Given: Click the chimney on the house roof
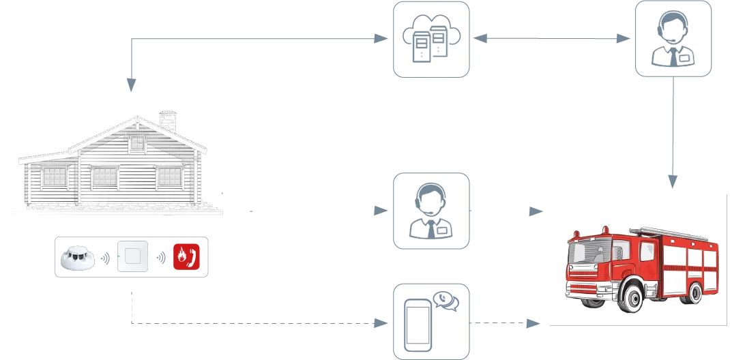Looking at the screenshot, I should [x=166, y=121].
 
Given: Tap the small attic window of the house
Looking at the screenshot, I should [x=138, y=143].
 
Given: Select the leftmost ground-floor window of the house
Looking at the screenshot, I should [x=55, y=177].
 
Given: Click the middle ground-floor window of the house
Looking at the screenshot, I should [x=105, y=177].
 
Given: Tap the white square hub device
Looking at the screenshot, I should [x=132, y=258].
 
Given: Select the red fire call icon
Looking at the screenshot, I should [x=186, y=258].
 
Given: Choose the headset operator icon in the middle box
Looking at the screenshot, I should [x=431, y=209].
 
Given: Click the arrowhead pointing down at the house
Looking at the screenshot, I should [x=130, y=83].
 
